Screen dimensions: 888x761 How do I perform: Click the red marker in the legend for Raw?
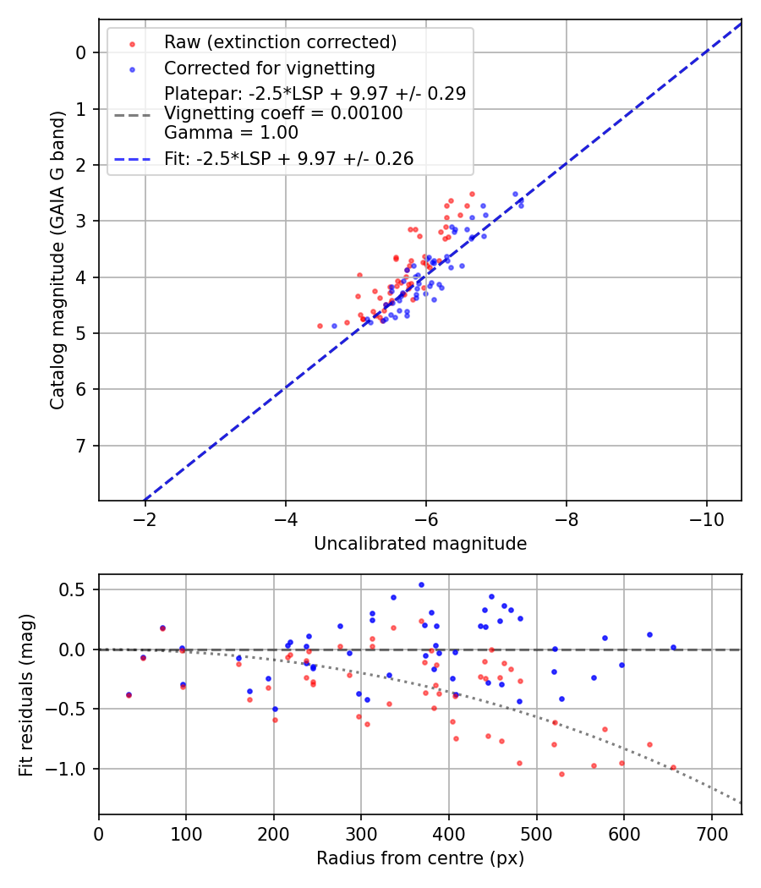click(x=132, y=43)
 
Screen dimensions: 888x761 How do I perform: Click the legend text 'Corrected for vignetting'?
click(x=270, y=68)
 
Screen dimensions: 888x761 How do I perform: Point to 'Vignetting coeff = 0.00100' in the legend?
click(x=283, y=112)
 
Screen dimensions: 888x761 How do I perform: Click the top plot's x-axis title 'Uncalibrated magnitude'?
click(x=420, y=544)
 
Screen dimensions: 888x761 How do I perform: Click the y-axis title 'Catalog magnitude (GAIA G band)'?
click(x=57, y=260)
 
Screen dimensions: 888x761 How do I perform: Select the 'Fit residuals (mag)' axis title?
click(x=26, y=694)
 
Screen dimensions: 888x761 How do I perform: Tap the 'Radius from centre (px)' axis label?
click(x=420, y=858)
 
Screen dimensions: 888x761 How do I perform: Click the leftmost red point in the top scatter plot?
click(x=320, y=326)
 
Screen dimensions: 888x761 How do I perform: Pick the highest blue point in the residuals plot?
click(x=421, y=584)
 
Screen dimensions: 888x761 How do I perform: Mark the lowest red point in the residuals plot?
click(x=561, y=774)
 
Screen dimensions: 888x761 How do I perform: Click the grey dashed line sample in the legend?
click(x=132, y=113)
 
